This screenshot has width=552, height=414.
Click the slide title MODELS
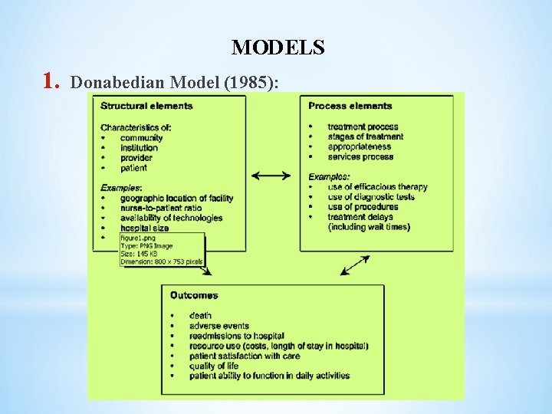pyautogui.click(x=278, y=48)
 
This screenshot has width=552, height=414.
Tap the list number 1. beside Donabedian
pyautogui.click(x=51, y=80)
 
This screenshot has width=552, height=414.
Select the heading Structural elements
pyautogui.click(x=146, y=106)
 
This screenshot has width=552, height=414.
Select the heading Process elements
pyautogui.click(x=350, y=106)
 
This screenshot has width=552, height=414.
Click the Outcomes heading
pyautogui.click(x=194, y=295)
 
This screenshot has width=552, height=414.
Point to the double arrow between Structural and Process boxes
pyautogui.click(x=271, y=176)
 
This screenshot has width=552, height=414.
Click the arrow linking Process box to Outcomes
pyautogui.click(x=354, y=264)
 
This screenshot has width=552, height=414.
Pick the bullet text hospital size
pyautogui.click(x=145, y=228)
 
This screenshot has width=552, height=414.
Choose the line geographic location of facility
pyautogui.click(x=176, y=198)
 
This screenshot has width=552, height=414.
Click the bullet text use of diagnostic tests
pyautogui.click(x=371, y=197)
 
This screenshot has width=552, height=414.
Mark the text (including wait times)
pyautogui.click(x=369, y=227)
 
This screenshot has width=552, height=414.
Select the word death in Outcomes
pyautogui.click(x=200, y=315)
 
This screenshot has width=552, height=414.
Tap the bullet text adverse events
pyautogui.click(x=221, y=325)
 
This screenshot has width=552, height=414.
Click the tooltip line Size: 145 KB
pyautogui.click(x=139, y=254)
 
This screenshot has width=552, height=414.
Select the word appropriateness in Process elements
pyautogui.click(x=359, y=147)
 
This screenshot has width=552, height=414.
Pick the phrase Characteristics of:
pyautogui.click(x=136, y=127)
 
